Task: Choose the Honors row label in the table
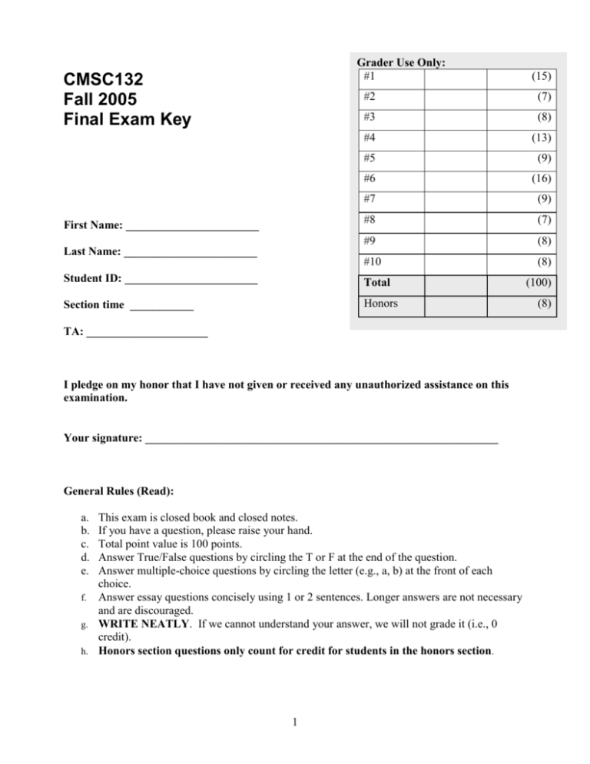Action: [382, 304]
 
